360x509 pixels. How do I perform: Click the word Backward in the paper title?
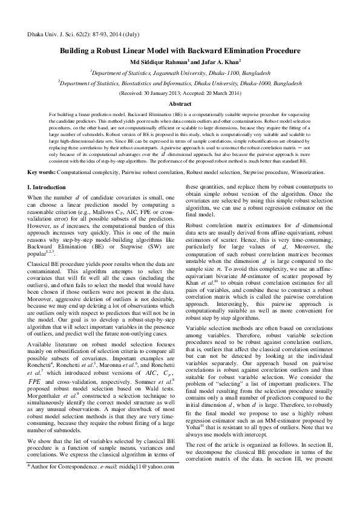click(x=237, y=53)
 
